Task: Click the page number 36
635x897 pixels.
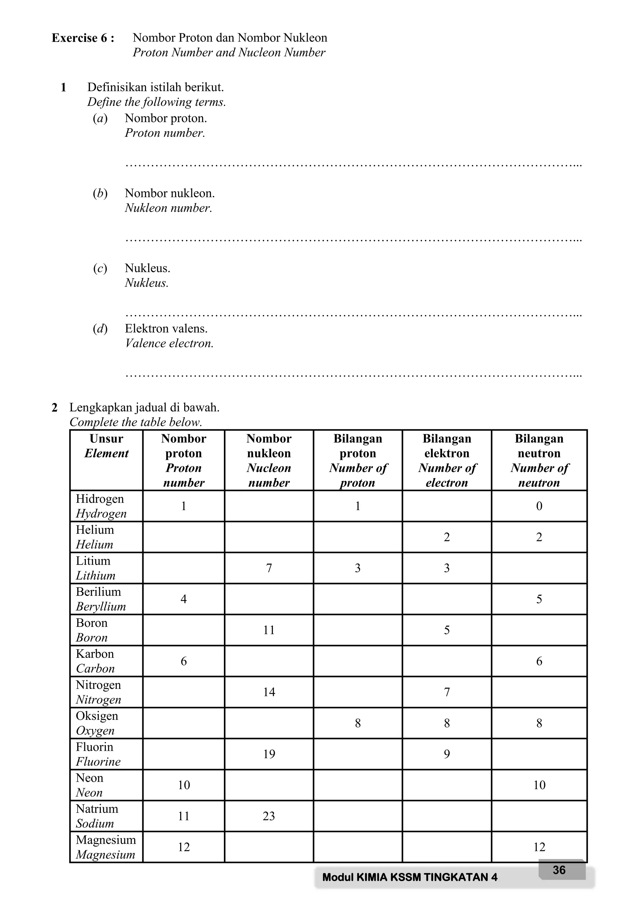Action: pyautogui.click(x=559, y=870)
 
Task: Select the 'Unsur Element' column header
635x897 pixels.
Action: pyautogui.click(x=106, y=446)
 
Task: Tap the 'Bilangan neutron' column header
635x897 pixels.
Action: pyautogui.click(x=539, y=460)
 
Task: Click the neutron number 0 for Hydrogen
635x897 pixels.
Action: pyautogui.click(x=539, y=506)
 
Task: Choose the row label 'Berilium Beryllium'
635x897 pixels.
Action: pyautogui.click(x=100, y=599)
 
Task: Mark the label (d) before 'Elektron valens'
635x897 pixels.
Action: pyautogui.click(x=100, y=329)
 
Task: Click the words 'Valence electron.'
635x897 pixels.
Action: pyautogui.click(x=169, y=343)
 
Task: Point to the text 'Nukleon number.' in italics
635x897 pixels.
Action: pyautogui.click(x=168, y=208)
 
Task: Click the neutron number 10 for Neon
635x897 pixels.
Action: pyautogui.click(x=539, y=785)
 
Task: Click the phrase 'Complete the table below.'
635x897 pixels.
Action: pyautogui.click(x=136, y=422)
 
